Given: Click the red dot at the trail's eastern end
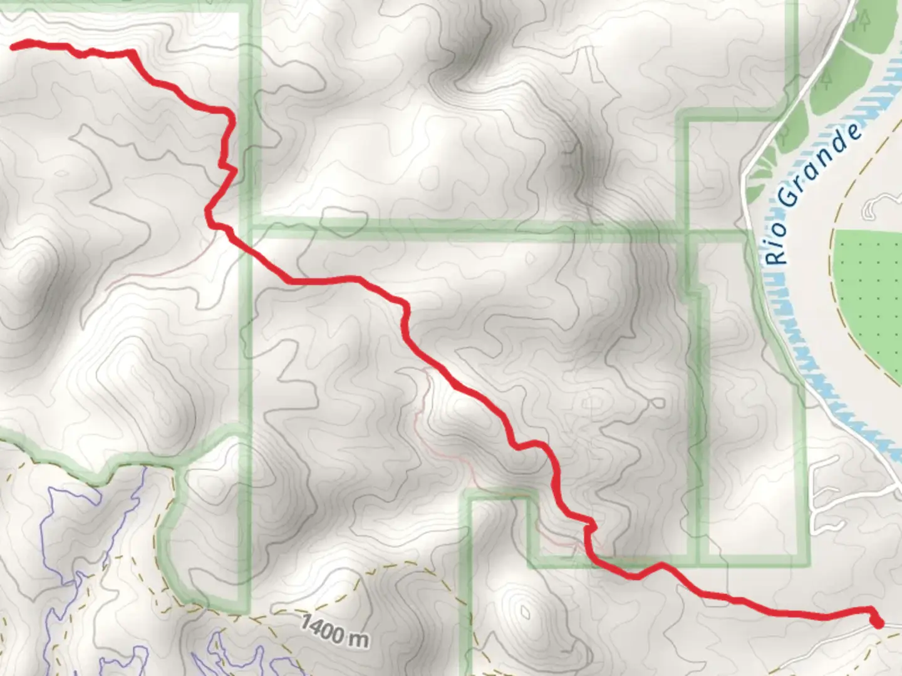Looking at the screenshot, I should pyautogui.click(x=877, y=623).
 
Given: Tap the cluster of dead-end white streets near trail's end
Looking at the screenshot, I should pyautogui.click(x=827, y=488).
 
